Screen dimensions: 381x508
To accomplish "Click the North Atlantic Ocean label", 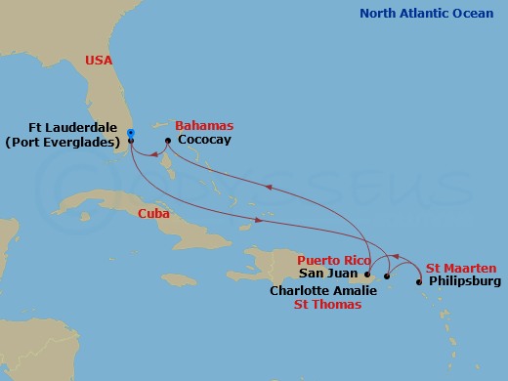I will pos(428,13).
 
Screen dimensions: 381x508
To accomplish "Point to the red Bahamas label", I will pos(204,126).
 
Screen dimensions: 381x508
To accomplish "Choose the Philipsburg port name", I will pos(464,282).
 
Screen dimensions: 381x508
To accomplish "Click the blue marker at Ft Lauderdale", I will pos(130,135).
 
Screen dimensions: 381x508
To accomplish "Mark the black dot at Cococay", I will pos(168,141).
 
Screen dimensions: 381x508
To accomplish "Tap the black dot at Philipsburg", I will pos(420,282).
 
